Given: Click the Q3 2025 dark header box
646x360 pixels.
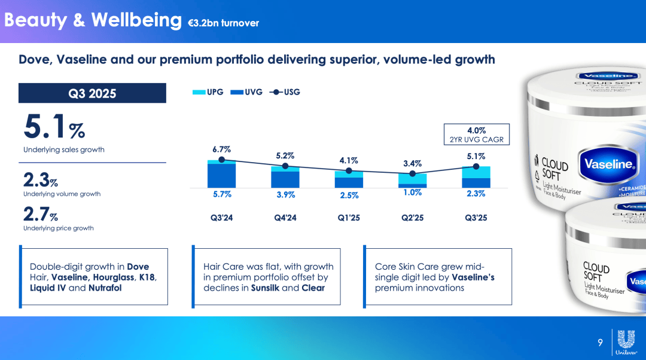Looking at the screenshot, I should coord(92,93).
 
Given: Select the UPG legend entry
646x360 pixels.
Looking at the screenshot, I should coord(208,92).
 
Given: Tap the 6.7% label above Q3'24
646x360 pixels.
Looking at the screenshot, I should coord(221,150).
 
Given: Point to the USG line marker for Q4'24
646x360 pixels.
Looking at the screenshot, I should coord(285,166).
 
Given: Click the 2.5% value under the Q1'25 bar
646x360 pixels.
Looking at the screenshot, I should coord(349,195).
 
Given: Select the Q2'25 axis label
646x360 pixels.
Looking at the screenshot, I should coord(412,218).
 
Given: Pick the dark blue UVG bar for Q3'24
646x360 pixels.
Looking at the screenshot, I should coord(221,176).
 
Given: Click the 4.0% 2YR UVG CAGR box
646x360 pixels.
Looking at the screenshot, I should coord(476,135).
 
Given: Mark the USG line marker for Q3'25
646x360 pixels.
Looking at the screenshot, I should coord(476,166).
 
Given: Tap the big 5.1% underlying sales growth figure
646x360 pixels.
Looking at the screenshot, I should coord(54,127).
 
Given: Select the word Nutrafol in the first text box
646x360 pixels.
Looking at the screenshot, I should coord(105,288).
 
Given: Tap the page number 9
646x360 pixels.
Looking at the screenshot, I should coord(600,343).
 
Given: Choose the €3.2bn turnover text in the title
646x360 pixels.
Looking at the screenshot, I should coord(223,23).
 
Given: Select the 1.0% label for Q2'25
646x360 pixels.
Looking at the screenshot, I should coord(412,193).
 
